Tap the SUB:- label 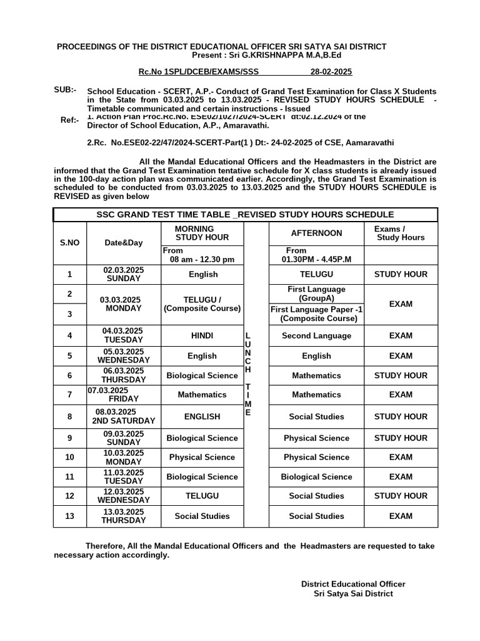click(65, 90)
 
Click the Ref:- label click(69, 120)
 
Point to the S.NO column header click(69, 242)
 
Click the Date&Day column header click(124, 242)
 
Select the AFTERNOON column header click(316, 233)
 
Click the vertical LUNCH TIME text click(248, 375)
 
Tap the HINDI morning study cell click(202, 336)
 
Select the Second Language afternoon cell click(316, 336)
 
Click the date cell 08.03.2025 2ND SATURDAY click(124, 416)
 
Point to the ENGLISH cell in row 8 click(202, 416)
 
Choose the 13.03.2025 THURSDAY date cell click(124, 516)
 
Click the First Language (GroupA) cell click(316, 294)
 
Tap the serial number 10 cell click(69, 457)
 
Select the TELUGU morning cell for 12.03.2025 click(202, 496)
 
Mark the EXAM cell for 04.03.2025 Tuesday click(401, 336)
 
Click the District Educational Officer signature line click(353, 583)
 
